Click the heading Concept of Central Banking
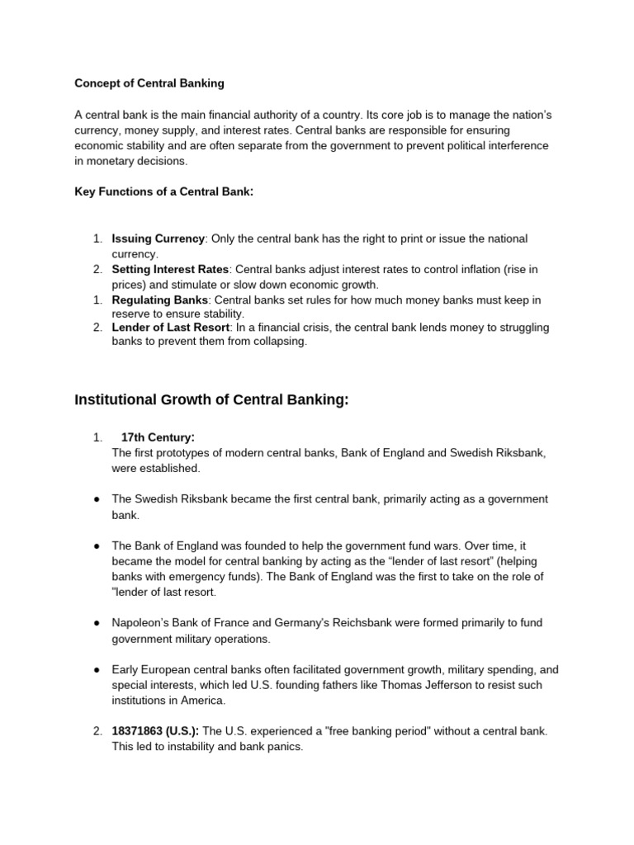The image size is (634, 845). pyautogui.click(x=149, y=83)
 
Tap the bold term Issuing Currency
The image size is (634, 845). pyautogui.click(x=158, y=238)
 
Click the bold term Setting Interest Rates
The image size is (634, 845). pyautogui.click(x=170, y=269)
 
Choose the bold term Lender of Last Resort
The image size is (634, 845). pyautogui.click(x=170, y=328)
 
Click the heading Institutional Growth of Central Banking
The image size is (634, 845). pyautogui.click(x=211, y=400)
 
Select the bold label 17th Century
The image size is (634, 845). pyautogui.click(x=157, y=437)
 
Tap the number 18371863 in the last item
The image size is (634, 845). pyautogui.click(x=137, y=731)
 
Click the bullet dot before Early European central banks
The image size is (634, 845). pyautogui.click(x=97, y=670)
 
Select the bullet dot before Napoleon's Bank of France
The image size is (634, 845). pyautogui.click(x=97, y=623)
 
